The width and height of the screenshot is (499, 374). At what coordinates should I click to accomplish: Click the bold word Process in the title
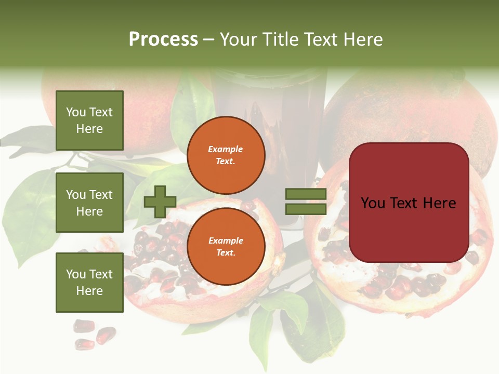163,39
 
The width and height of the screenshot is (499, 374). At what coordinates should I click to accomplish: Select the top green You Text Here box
89,121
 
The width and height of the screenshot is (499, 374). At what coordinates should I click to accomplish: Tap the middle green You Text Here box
89,203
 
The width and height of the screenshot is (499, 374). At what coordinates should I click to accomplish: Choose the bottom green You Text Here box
89,282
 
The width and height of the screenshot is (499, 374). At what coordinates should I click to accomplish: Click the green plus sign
160,202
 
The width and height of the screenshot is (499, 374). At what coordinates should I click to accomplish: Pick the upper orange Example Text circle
226,155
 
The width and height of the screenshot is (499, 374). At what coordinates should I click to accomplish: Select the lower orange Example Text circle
226,246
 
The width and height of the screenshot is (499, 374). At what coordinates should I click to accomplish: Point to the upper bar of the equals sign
306,194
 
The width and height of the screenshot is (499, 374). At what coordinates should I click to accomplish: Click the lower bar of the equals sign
306,209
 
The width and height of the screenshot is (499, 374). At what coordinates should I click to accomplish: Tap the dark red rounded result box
409,203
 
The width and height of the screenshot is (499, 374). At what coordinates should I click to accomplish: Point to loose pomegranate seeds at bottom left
94,332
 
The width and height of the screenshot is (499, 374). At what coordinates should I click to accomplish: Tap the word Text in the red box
408,203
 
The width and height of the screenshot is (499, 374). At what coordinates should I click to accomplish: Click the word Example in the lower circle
226,241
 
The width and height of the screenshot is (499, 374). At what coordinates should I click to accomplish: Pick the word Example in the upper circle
226,149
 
